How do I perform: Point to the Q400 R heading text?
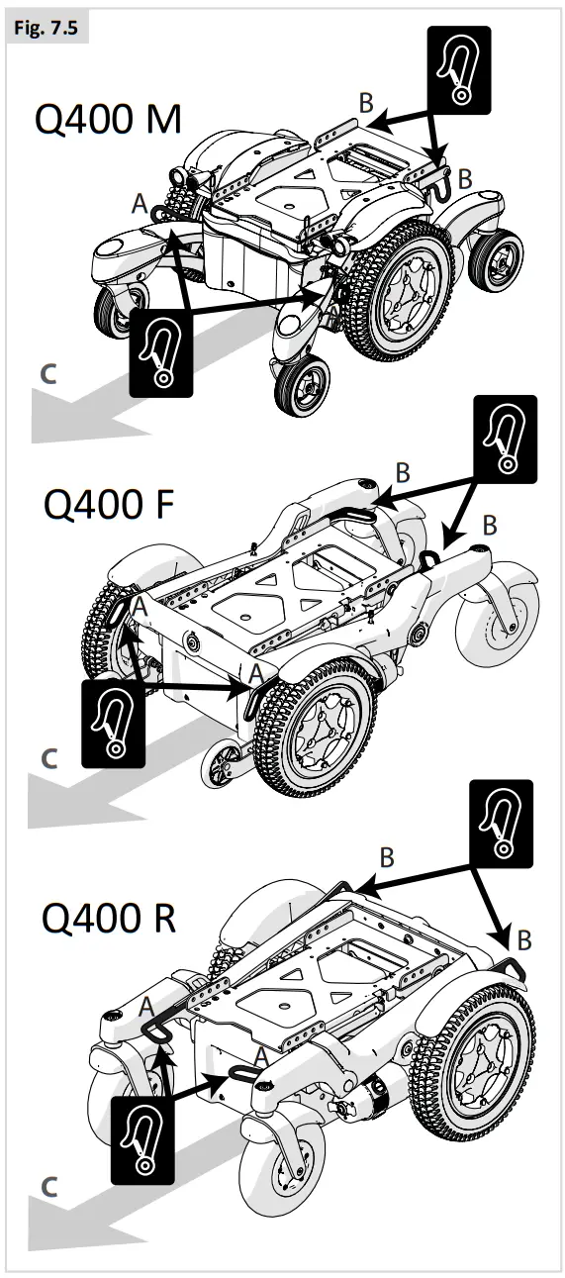109,917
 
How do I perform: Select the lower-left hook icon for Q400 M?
160,350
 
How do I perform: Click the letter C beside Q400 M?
49,374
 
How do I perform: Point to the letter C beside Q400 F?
49,759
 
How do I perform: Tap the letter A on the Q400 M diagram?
140,204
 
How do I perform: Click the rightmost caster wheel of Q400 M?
496,259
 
